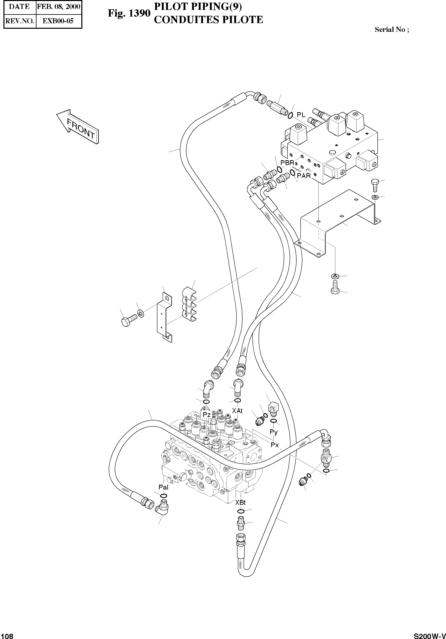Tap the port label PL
pos(301,115)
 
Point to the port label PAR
pos(304,176)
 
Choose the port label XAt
pos(238,411)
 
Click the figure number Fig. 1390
pos(129,13)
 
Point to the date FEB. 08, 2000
pos(59,7)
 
